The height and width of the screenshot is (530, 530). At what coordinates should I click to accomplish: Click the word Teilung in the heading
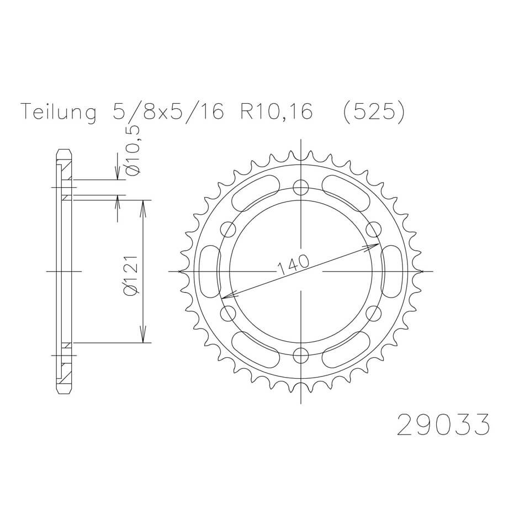(x=58, y=112)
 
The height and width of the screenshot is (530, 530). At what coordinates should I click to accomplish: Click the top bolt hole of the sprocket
(x=300, y=188)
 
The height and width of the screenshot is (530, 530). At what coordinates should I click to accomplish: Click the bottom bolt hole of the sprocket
(x=300, y=354)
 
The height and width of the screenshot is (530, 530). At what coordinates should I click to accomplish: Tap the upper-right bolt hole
(x=373, y=229)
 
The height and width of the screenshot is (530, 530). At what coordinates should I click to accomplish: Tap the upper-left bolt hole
(x=227, y=229)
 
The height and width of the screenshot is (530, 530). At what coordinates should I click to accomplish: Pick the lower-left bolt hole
(x=227, y=313)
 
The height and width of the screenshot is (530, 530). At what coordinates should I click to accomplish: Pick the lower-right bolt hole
(x=373, y=313)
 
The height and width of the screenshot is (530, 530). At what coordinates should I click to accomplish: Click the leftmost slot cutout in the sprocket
(x=208, y=271)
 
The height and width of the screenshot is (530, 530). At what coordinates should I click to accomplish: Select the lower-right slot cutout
(x=346, y=349)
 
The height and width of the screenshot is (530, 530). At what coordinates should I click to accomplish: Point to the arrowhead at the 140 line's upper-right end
(x=375, y=245)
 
